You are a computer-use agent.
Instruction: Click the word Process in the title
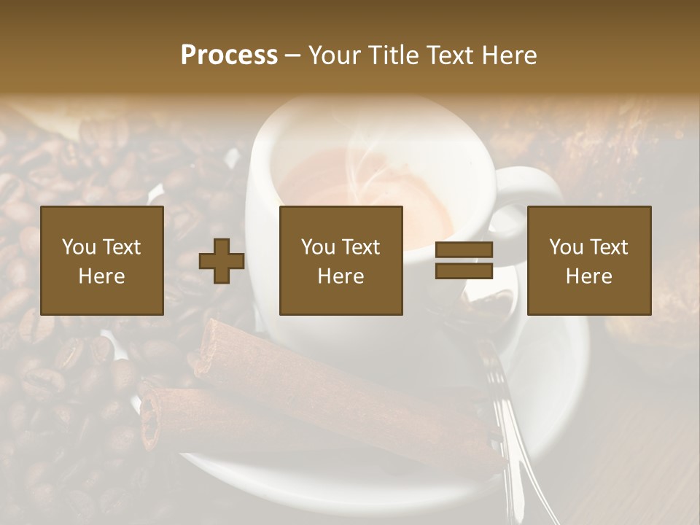click(x=229, y=55)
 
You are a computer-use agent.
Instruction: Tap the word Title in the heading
click(x=393, y=55)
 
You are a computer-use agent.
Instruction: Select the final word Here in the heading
click(x=509, y=55)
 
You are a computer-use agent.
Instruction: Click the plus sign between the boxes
click(x=222, y=261)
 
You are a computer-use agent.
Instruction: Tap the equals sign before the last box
click(x=464, y=260)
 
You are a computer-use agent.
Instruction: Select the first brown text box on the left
click(x=101, y=260)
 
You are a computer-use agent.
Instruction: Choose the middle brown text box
click(x=341, y=260)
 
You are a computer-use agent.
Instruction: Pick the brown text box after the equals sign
click(x=588, y=260)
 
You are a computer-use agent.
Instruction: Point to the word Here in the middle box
click(x=341, y=276)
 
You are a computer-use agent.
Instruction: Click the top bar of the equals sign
click(x=464, y=250)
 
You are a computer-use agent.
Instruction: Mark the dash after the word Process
click(x=293, y=55)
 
